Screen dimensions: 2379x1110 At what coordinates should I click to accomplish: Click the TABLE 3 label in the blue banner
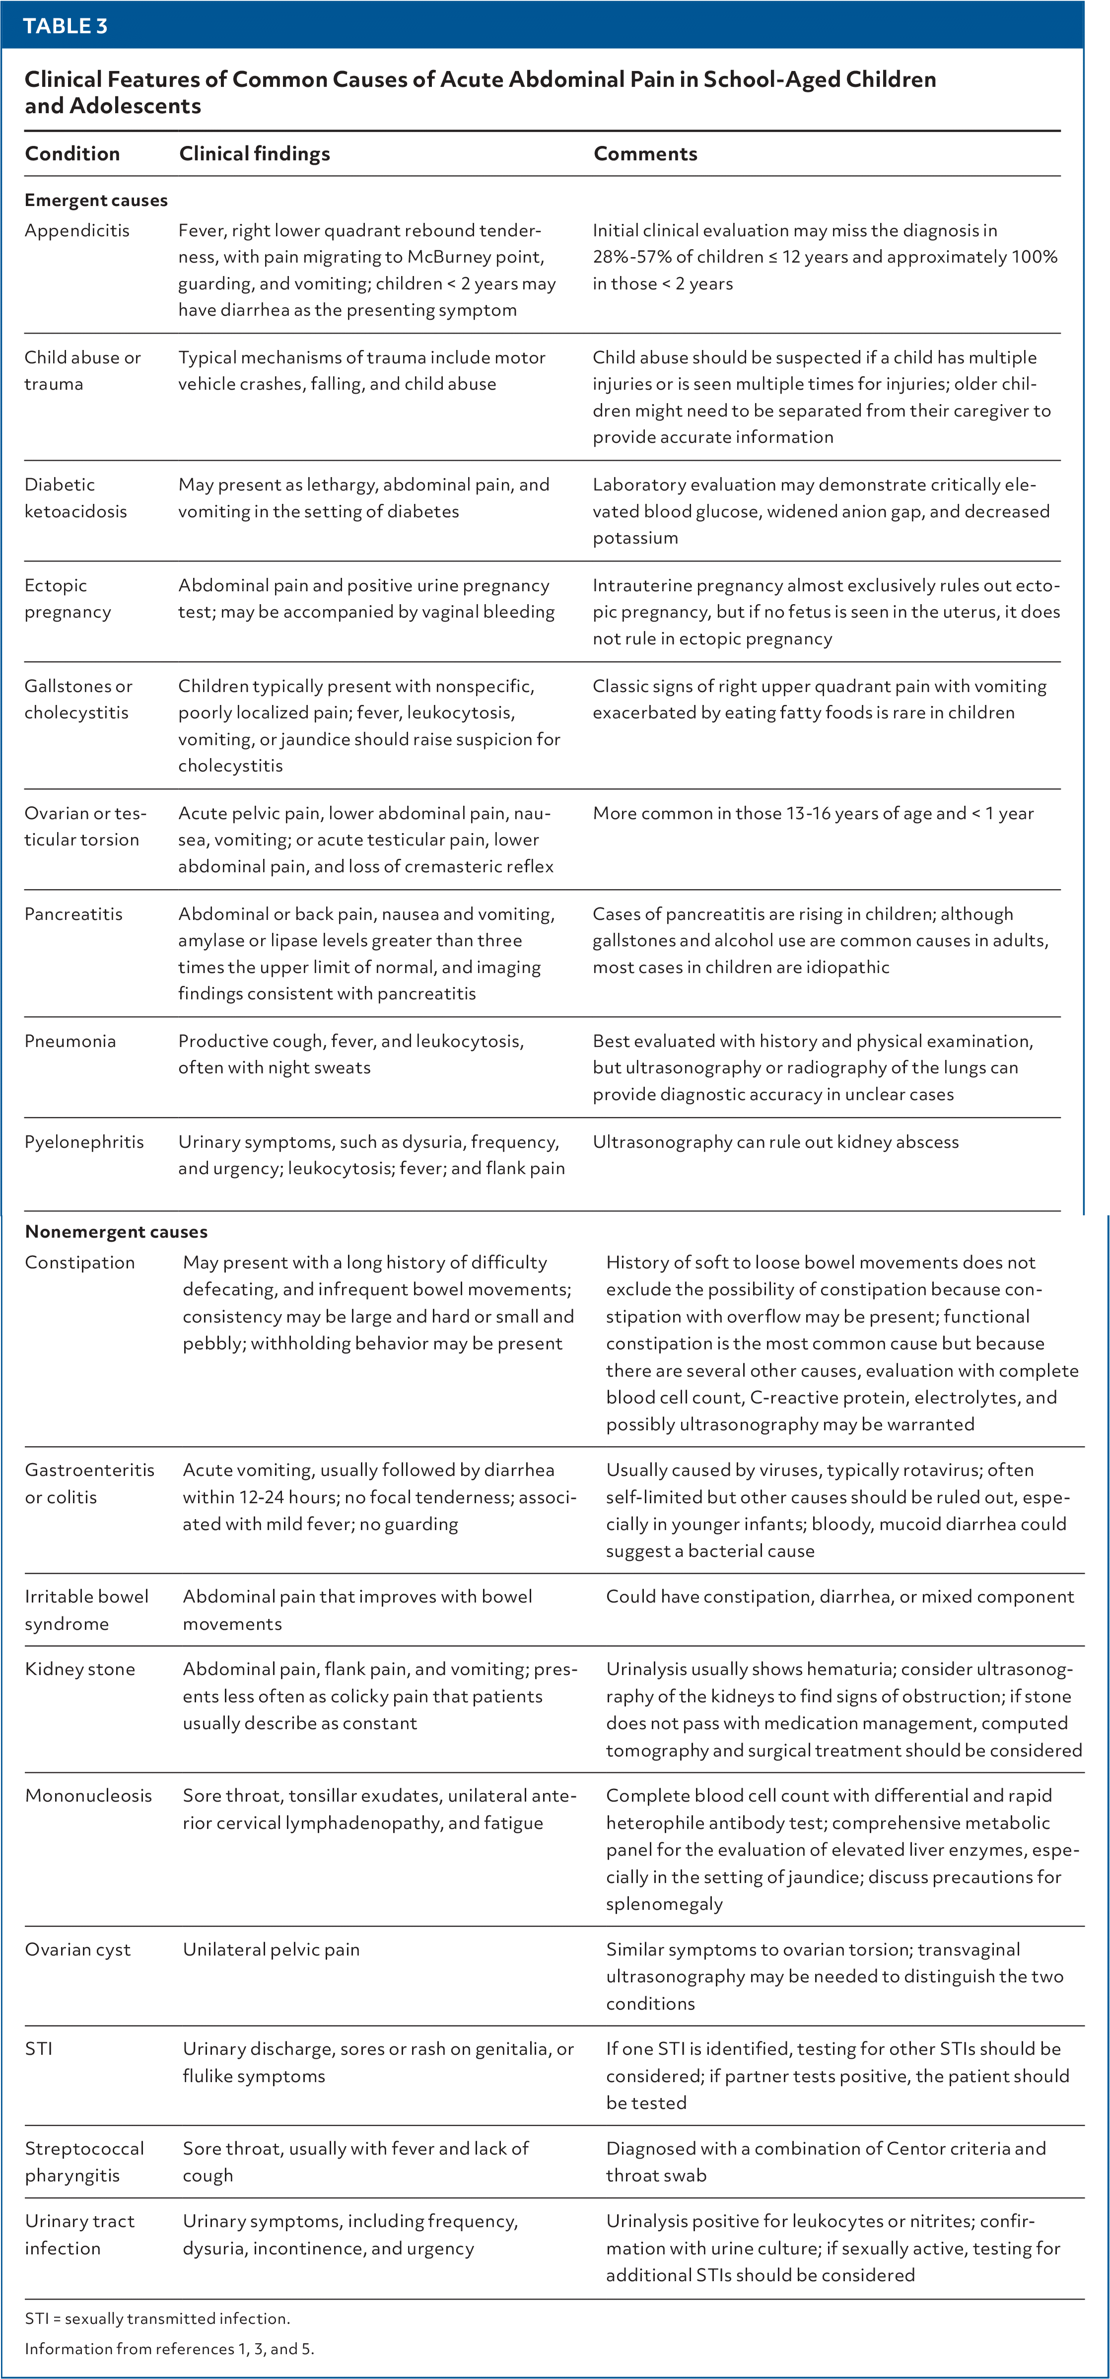pos(65,26)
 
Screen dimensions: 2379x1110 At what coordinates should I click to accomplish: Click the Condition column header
pos(72,153)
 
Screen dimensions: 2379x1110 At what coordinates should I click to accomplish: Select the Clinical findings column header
pos(254,153)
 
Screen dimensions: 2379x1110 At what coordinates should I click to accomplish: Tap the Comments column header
pos(644,153)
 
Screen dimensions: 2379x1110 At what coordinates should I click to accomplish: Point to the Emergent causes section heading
pos(96,201)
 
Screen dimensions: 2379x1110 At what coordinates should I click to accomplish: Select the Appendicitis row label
pos(76,230)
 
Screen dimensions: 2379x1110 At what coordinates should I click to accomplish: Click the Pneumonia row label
pos(70,1041)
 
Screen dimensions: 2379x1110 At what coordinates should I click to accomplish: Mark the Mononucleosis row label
pos(89,1795)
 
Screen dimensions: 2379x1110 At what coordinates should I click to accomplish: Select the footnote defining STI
pos(157,2318)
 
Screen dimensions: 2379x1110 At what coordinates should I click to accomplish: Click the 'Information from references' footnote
pos(169,2349)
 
